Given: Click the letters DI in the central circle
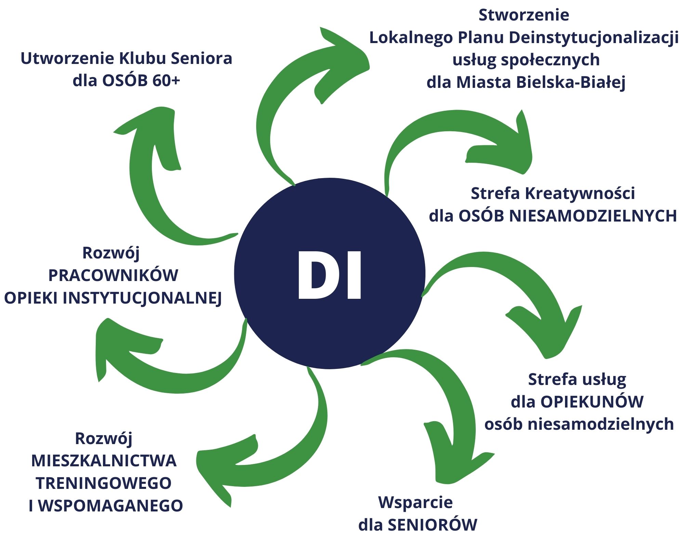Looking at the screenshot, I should tap(329, 275).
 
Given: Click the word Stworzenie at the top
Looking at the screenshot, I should tap(524, 15).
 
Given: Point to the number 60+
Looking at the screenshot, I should tap(166, 81).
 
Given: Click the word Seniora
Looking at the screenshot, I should tap(201, 58).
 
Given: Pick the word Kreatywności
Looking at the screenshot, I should tap(580, 194).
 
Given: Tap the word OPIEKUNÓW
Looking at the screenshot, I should tap(592, 402).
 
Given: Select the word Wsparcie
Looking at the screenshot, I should tap(416, 503).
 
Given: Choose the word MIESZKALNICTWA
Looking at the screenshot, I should tap(104, 461).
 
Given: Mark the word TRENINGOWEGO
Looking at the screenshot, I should tap(104, 483).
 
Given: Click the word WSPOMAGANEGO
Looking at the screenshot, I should tap(110, 506).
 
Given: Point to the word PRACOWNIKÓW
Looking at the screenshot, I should tap(113, 276).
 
